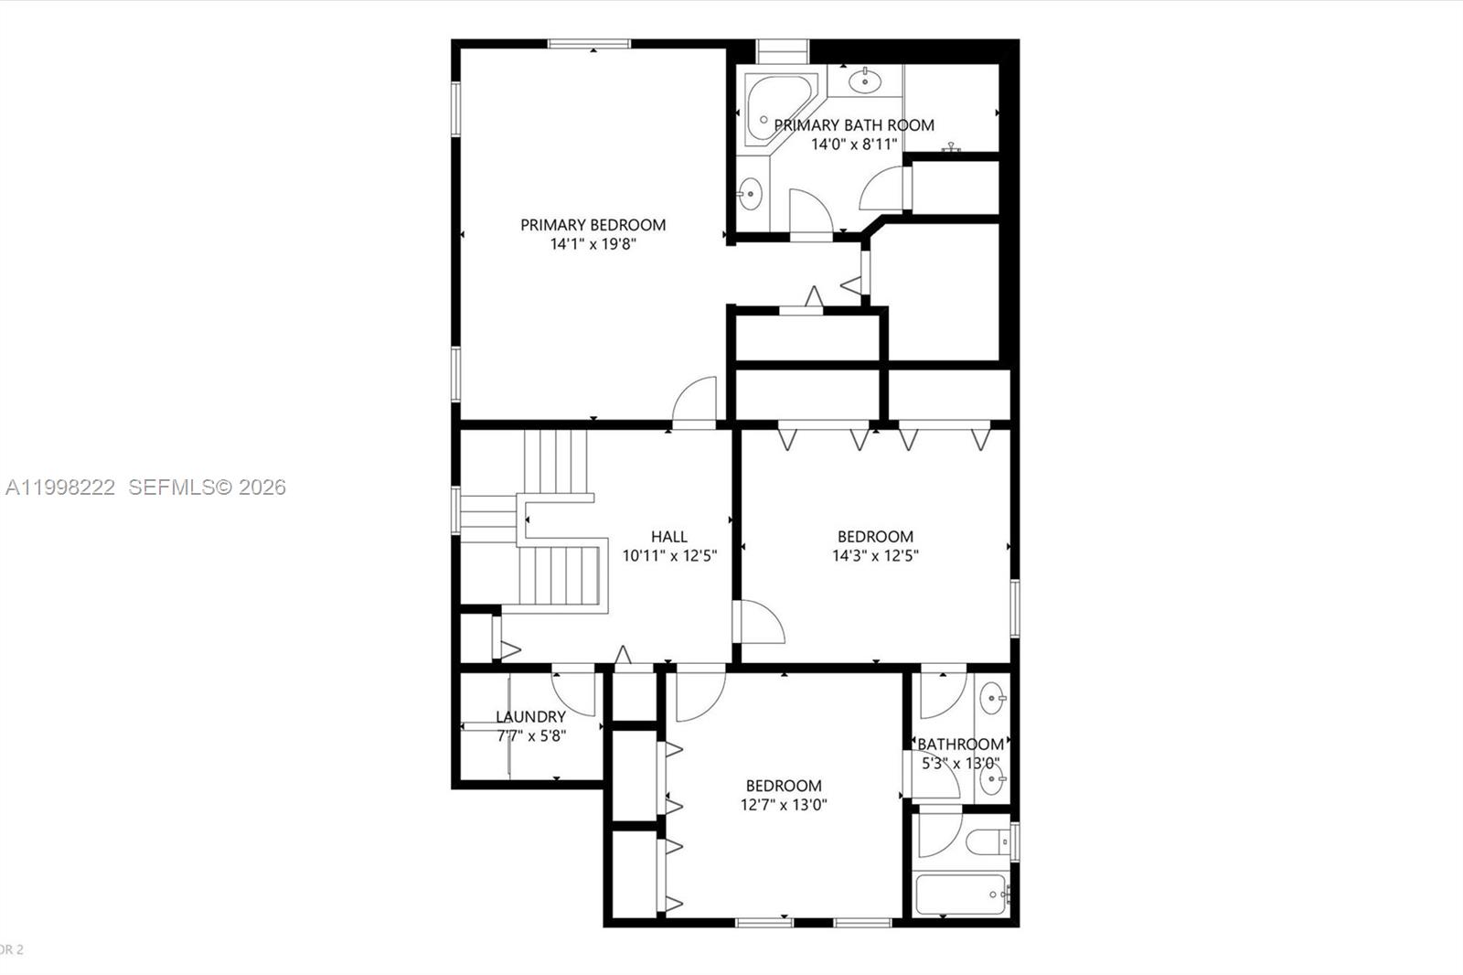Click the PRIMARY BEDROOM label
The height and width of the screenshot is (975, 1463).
(x=593, y=225)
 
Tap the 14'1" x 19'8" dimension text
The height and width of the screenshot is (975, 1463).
(x=593, y=244)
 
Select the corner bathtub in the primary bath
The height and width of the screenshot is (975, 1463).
(x=774, y=110)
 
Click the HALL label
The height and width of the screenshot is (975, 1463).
(x=669, y=537)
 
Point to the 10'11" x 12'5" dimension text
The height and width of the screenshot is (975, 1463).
(x=669, y=556)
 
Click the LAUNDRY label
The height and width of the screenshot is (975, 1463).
(x=530, y=717)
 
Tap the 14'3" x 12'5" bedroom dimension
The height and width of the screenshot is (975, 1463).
(x=875, y=556)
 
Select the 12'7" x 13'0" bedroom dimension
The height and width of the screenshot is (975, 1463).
(x=784, y=805)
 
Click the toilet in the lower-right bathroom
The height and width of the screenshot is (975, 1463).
(x=988, y=840)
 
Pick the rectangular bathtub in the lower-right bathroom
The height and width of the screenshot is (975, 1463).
(x=960, y=894)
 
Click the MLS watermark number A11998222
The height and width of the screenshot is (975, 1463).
(x=60, y=487)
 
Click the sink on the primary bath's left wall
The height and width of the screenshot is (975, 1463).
(x=750, y=193)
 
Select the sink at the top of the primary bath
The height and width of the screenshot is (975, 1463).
(x=864, y=81)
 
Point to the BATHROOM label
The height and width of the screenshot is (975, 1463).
(x=960, y=745)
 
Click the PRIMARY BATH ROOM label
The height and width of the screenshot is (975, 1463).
(x=854, y=125)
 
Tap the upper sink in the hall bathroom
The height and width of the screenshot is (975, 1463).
(x=992, y=700)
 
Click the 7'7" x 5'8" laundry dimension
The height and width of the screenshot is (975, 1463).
(x=531, y=735)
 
